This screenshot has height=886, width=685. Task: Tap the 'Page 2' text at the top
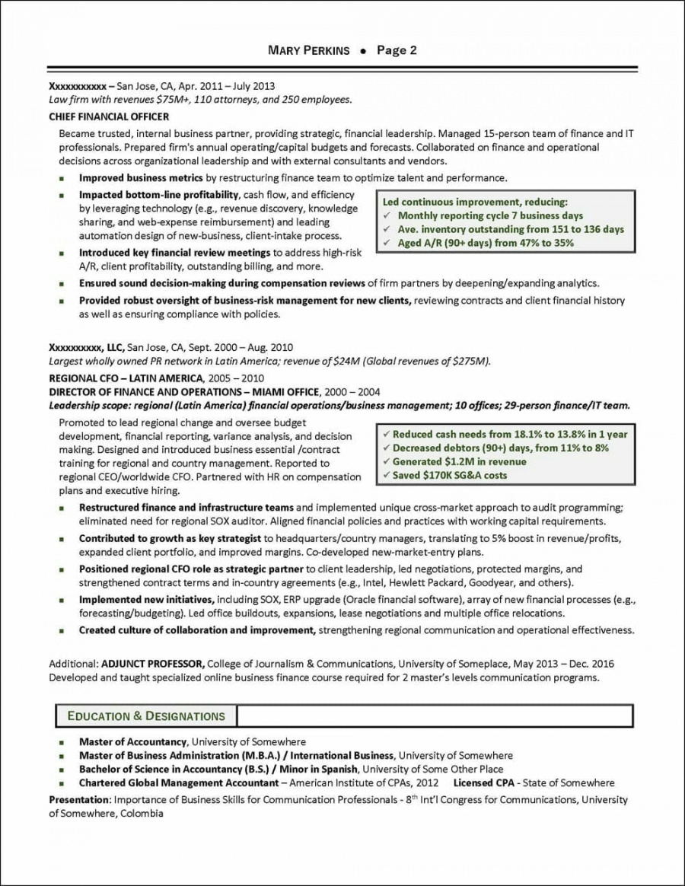pos(397,51)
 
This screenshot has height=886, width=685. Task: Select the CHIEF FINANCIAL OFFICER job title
pos(109,116)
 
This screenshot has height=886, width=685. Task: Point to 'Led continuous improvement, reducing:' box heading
pos(475,202)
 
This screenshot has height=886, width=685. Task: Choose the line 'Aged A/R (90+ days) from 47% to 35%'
pos(486,243)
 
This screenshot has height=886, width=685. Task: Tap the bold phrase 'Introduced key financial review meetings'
pos(174,252)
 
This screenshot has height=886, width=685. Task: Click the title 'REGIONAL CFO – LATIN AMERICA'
pos(126,378)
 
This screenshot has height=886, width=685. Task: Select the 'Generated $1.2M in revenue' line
pos(459,461)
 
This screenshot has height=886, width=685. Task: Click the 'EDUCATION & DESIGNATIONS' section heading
pos(146,715)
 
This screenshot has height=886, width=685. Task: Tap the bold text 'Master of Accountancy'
pos(132,741)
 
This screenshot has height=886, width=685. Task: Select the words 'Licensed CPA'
pos(484,782)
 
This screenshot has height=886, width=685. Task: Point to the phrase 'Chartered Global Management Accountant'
pos(179,782)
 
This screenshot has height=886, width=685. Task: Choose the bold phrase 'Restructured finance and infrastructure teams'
pos(186,507)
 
